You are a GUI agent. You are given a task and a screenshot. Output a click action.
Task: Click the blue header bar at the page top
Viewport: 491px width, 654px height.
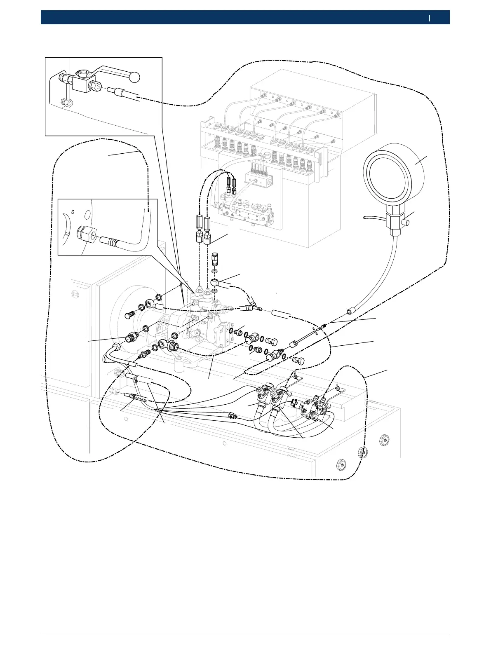tap(245, 18)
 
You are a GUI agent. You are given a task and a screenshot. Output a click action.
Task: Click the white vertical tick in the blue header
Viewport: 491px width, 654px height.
tap(429, 18)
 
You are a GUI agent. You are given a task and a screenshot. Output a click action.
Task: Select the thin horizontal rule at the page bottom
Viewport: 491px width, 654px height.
tap(245, 634)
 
